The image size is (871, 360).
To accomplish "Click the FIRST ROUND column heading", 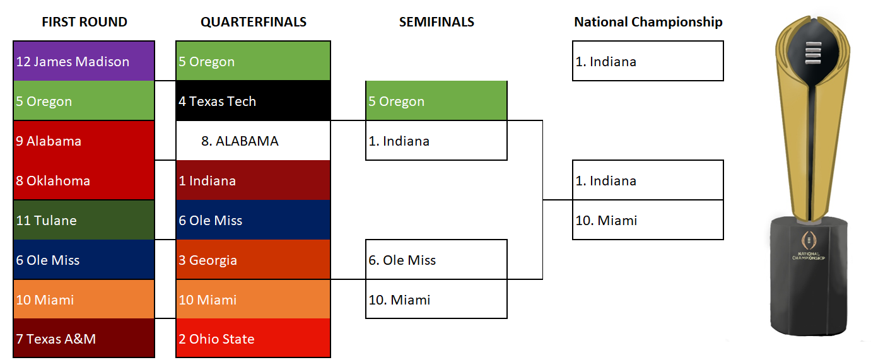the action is tap(85, 22).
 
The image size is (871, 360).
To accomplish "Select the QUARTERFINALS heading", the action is tap(254, 22).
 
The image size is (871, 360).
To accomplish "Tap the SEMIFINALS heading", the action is tap(436, 22).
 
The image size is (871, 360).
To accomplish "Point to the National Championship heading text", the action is tap(648, 22).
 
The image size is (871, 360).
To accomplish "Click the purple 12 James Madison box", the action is tap(84, 61).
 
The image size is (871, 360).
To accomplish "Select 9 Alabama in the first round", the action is tap(84, 141).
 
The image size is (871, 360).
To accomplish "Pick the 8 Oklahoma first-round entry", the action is tap(84, 180).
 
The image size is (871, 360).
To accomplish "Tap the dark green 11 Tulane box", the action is tap(84, 220).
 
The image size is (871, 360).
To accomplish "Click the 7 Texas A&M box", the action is tap(84, 338).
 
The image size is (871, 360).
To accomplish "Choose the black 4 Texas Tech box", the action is tap(253, 101).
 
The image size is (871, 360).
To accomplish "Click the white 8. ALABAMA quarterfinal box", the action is tap(253, 141).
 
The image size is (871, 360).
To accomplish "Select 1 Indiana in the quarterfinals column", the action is tap(253, 180).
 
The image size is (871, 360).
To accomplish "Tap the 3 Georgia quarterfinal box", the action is tap(253, 260).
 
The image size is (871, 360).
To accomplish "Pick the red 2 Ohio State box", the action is tap(253, 338).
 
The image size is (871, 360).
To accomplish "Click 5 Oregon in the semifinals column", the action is tap(436, 101).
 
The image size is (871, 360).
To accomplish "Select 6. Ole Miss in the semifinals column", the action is tap(436, 260).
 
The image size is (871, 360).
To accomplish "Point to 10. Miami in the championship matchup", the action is tap(648, 220).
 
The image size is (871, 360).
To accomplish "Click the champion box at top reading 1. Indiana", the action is tap(648, 61).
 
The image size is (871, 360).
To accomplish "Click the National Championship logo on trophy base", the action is tap(809, 245).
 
